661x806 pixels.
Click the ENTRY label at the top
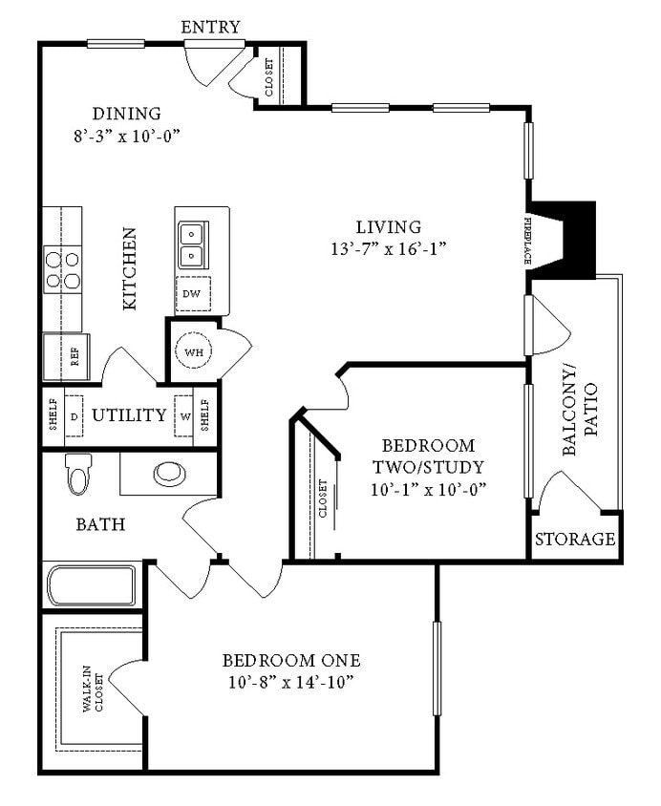click(210, 27)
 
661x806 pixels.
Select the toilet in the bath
click(77, 475)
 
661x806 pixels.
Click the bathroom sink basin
click(171, 473)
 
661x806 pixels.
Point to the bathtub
click(91, 584)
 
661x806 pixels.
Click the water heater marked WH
click(194, 351)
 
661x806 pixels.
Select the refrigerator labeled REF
click(66, 357)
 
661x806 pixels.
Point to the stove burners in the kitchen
click(62, 269)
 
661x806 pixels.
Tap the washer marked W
click(184, 416)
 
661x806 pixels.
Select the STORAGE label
click(574, 540)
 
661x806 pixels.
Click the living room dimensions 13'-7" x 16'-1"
click(388, 248)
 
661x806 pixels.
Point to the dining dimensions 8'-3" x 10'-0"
click(127, 136)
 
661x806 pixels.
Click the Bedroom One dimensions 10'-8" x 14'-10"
click(291, 683)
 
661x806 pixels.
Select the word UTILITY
click(129, 415)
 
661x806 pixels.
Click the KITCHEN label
click(130, 268)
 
